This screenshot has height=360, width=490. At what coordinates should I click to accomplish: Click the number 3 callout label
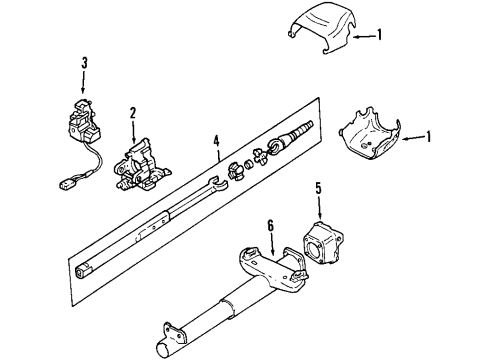pos(85,63)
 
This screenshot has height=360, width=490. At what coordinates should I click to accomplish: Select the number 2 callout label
pos(132,112)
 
